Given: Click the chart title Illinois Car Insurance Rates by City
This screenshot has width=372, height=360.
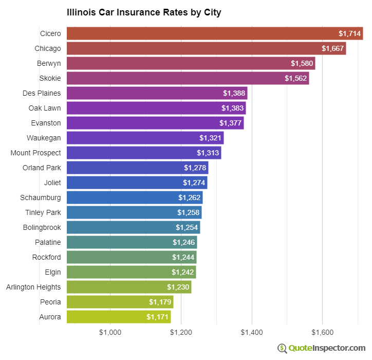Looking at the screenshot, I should [144, 12].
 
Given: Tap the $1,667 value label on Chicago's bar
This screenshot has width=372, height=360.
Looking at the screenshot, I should [332, 48].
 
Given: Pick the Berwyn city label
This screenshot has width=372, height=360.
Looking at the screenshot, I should [50, 63].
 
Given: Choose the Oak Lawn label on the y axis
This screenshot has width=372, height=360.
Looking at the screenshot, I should [45, 108].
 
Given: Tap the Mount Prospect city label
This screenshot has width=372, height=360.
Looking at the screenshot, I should [36, 153].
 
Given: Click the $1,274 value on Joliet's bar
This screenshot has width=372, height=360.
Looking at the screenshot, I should [193, 183].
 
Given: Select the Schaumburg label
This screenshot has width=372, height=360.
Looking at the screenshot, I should [41, 197].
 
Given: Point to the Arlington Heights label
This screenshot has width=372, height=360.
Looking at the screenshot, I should [33, 287].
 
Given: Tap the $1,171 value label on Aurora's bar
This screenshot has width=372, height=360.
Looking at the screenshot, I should [157, 317].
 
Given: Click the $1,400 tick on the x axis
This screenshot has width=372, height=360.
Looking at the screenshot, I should [252, 332].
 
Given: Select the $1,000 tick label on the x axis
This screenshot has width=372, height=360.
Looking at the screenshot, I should [110, 332].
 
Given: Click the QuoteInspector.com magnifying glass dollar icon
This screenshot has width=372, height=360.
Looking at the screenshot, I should [282, 348].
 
